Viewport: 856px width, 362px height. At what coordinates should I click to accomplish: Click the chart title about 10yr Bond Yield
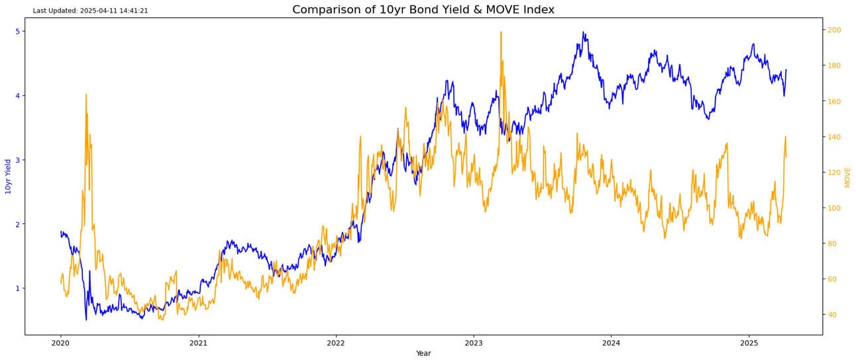(x=423, y=9)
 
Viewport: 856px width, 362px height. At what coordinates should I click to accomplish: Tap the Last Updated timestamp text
(x=90, y=11)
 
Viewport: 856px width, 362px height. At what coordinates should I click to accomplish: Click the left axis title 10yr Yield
(x=9, y=176)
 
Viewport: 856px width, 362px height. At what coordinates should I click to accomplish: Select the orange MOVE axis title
(x=847, y=177)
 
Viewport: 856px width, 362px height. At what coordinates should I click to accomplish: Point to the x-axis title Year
(x=423, y=353)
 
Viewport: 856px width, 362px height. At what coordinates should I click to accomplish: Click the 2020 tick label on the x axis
(x=60, y=343)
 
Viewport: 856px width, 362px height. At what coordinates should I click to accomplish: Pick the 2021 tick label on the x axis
(x=198, y=343)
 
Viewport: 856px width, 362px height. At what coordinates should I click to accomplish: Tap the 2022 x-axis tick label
(x=336, y=343)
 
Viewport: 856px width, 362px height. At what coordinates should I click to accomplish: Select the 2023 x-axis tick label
(x=473, y=343)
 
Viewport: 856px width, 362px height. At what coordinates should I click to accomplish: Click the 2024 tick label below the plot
(x=611, y=343)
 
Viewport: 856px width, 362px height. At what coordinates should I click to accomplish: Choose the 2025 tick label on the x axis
(x=749, y=343)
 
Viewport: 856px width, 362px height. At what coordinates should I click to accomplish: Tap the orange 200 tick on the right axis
(x=834, y=30)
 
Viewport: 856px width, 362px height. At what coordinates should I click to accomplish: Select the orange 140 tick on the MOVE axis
(x=834, y=137)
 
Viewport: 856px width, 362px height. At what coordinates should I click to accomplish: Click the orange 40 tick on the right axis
(x=832, y=315)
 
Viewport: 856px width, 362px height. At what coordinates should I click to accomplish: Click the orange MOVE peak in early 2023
(x=501, y=32)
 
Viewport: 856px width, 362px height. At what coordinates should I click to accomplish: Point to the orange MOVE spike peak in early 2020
(x=86, y=94)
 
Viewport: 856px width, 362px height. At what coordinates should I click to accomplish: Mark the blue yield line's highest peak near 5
(x=583, y=32)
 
